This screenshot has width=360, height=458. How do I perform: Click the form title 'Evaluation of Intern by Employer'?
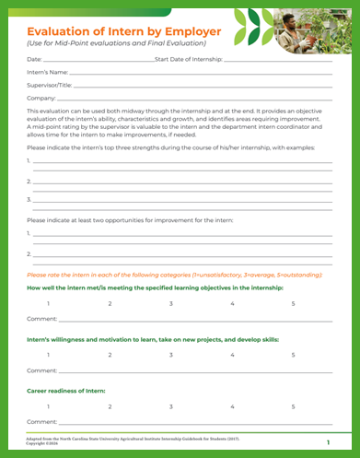point(117,29)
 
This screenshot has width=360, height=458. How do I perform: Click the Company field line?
point(194,98)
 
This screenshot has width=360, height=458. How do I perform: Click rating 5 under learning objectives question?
point(294,303)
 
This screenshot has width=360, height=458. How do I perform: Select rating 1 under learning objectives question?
point(48,303)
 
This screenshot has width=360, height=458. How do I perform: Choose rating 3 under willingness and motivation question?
point(170,355)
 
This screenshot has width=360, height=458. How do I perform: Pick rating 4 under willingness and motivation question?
point(232,355)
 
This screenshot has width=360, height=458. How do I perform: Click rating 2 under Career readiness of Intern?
point(110,405)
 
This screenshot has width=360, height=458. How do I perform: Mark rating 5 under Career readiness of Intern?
point(294,405)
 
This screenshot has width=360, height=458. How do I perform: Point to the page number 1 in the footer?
point(328,443)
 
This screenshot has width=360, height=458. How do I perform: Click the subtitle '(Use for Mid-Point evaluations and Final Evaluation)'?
point(116,43)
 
